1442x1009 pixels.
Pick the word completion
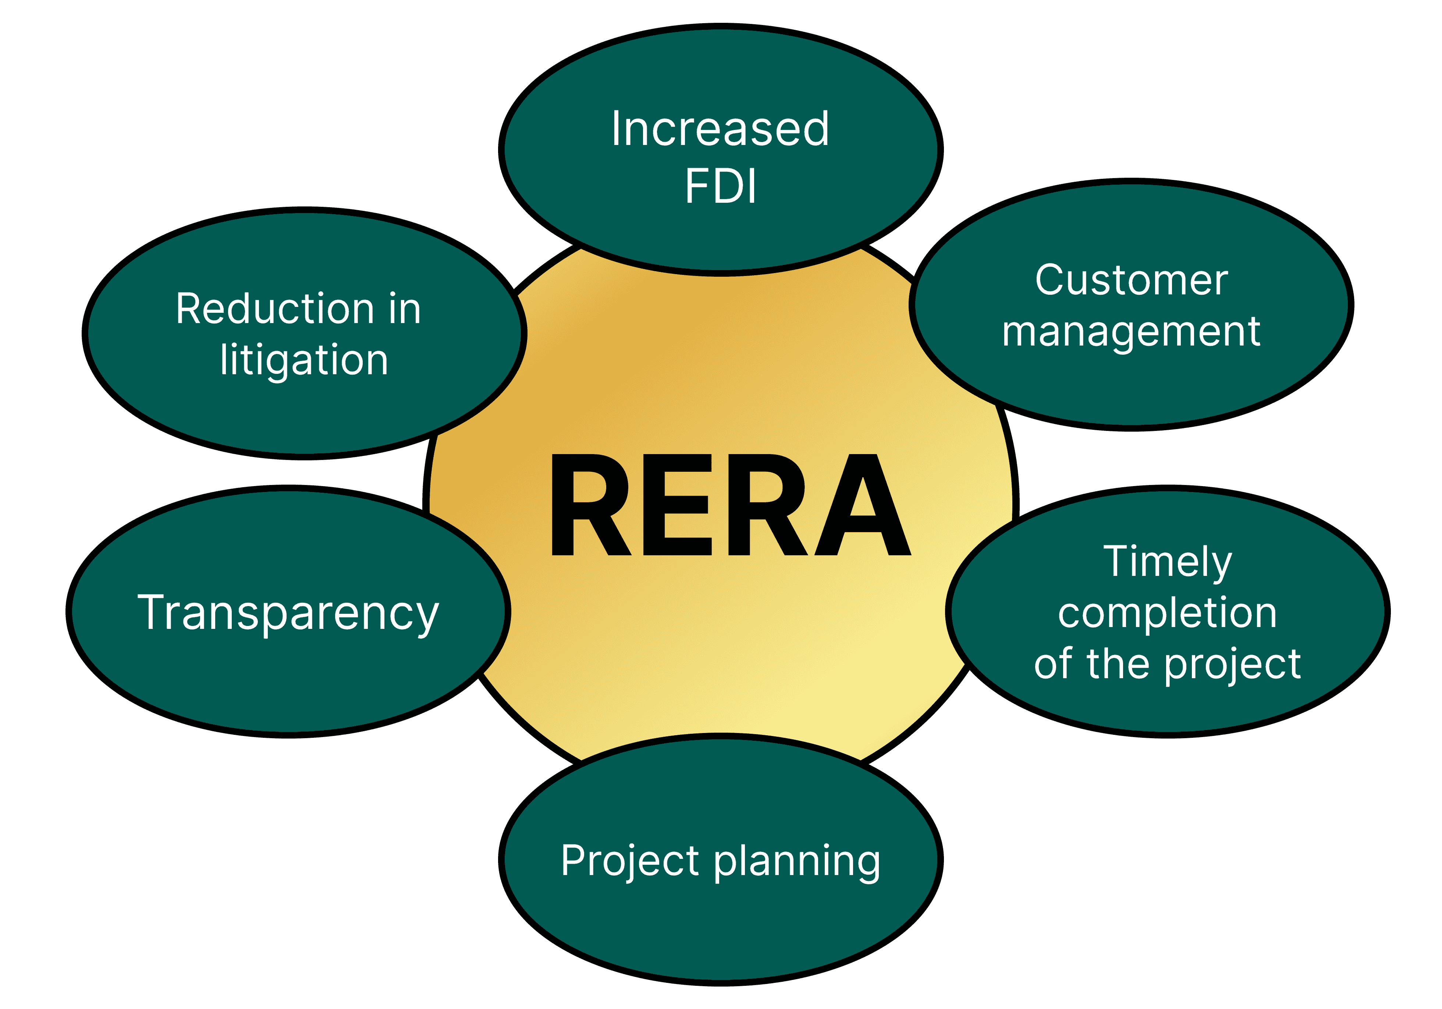tap(1168, 613)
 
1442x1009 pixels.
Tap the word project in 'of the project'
tap(1233, 665)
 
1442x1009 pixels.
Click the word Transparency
tap(288, 613)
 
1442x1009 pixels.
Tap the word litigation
tap(304, 361)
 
